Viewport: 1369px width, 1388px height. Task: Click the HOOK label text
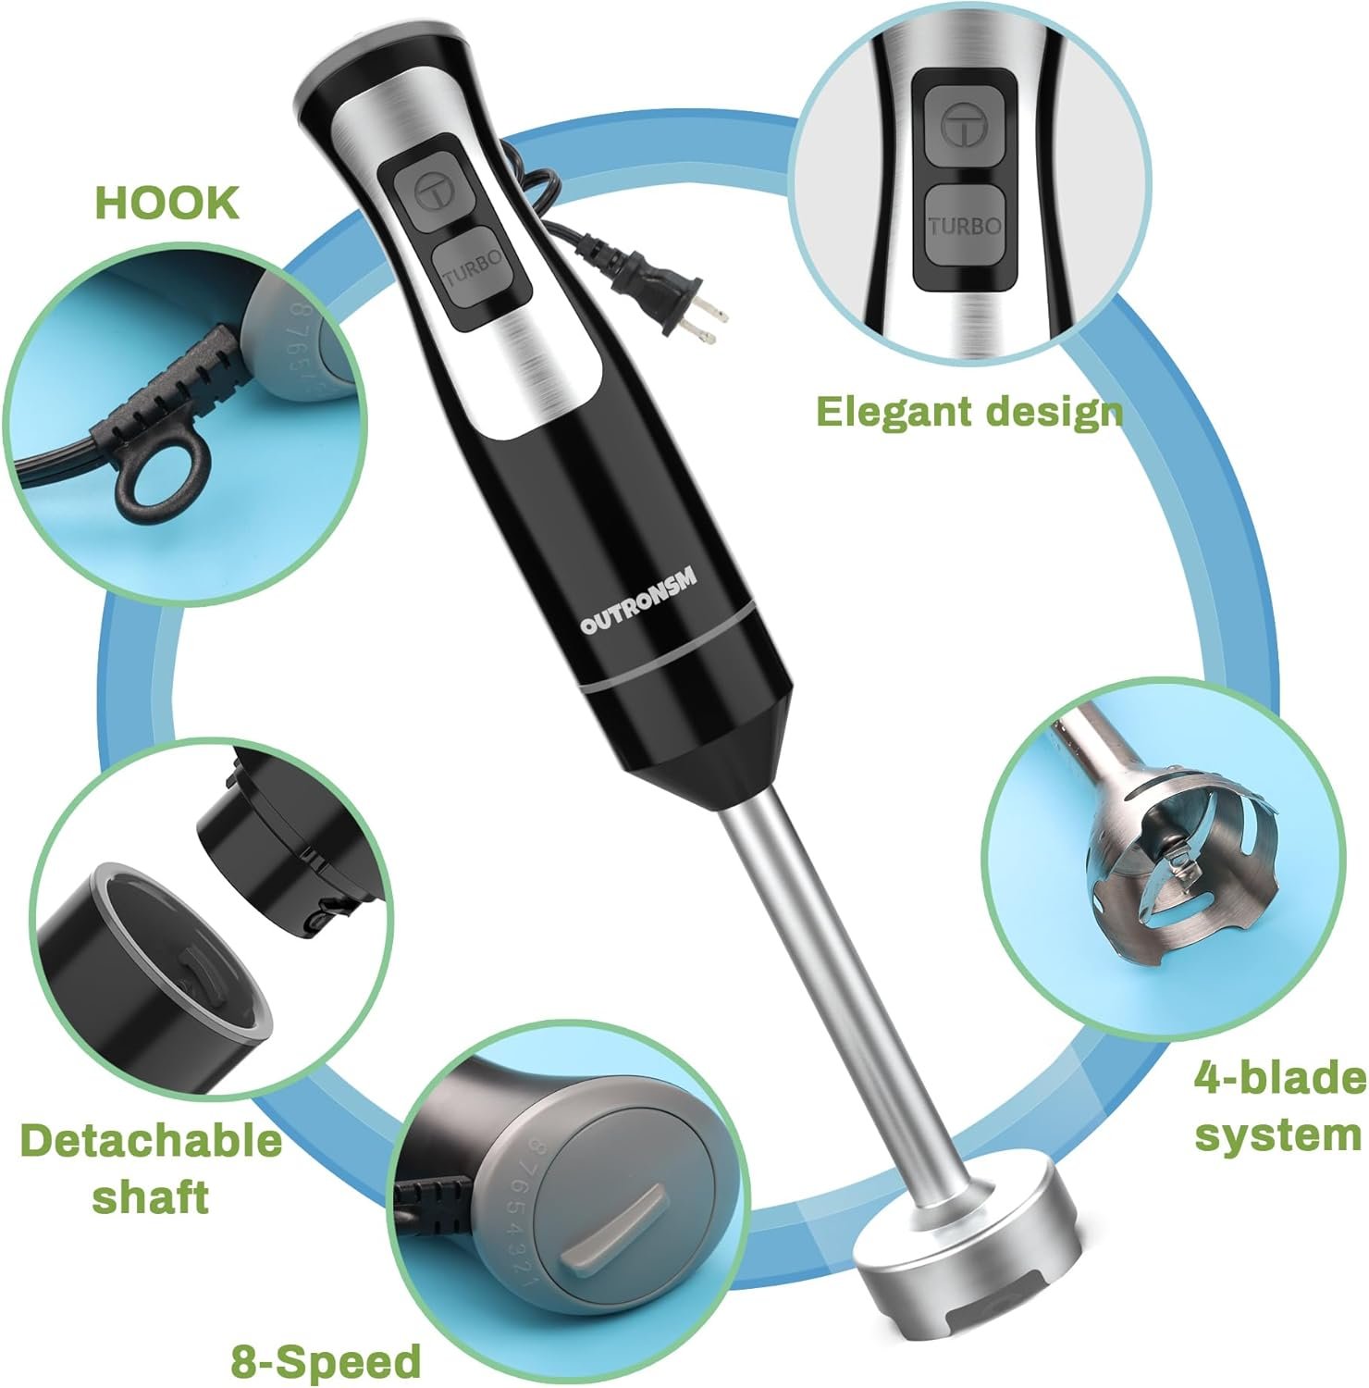[x=167, y=203]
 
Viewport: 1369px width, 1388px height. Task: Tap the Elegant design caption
[x=969, y=412]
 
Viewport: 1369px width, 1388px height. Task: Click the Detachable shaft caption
[x=151, y=1168]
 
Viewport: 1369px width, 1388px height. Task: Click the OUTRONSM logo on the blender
[x=639, y=601]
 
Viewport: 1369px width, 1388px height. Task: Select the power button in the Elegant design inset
[x=963, y=125]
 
